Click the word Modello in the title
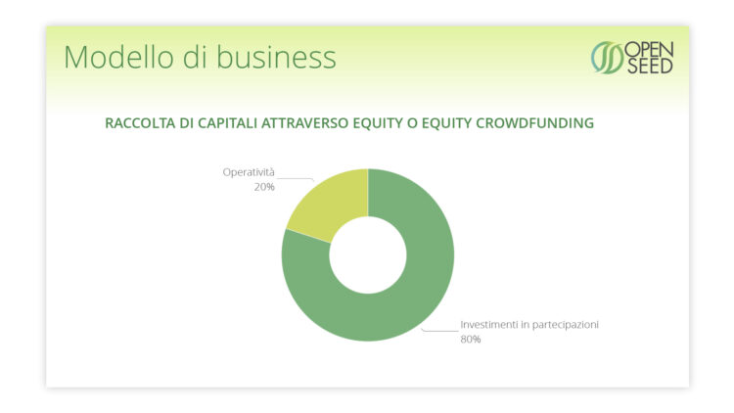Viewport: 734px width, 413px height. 118,57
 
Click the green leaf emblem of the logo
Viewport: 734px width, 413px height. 607,58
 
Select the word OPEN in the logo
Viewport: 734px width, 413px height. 649,50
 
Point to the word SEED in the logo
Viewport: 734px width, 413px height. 650,66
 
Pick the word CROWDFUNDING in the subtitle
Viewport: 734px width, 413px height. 535,123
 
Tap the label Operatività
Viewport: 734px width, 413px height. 249,172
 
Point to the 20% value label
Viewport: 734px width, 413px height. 264,187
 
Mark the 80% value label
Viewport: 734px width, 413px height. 471,339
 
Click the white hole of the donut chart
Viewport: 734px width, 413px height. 368,255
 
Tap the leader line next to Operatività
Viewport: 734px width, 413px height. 296,178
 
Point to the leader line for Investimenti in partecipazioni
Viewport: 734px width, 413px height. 440,331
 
